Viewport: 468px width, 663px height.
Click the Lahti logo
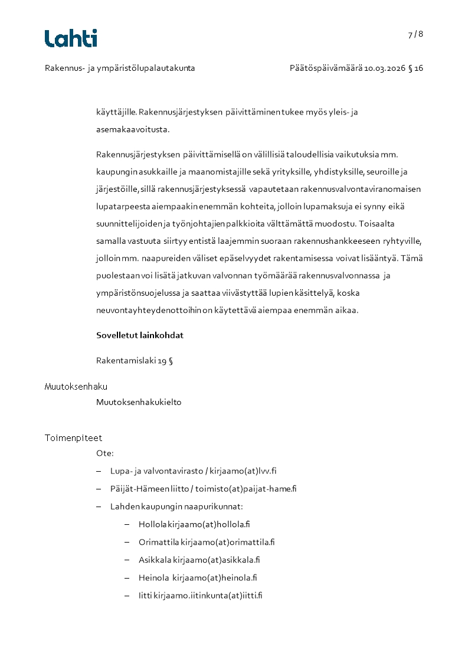point(71,38)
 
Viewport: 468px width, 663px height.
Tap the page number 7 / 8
point(415,34)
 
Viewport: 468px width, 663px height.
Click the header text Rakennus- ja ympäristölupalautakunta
point(120,68)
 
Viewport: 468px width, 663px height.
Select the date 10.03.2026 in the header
point(385,68)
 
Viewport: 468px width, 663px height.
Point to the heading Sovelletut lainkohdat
point(140,335)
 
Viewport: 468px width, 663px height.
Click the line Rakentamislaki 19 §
point(135,361)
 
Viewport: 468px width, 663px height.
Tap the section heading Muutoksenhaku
point(76,387)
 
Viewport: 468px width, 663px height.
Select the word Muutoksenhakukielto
point(139,402)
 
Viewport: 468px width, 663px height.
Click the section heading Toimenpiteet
point(73,438)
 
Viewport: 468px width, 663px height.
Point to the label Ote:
point(105,453)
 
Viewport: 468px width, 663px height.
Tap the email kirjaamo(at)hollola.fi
point(209,524)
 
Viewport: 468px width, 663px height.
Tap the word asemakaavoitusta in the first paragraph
point(132,129)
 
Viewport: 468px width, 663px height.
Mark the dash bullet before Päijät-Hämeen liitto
point(99,489)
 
